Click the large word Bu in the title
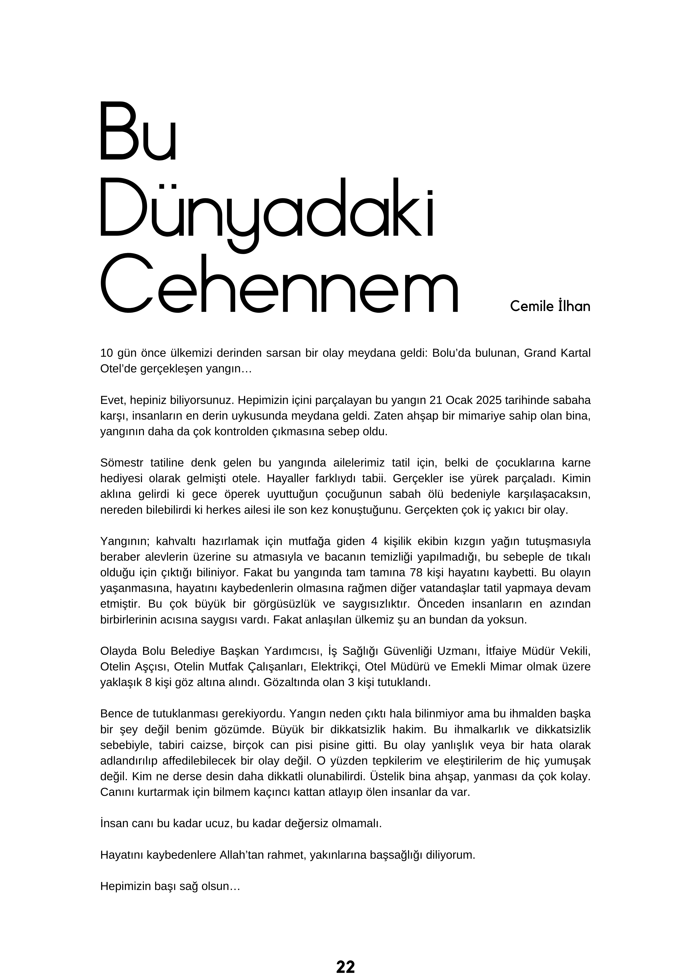point(138,131)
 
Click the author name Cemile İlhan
point(550,306)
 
